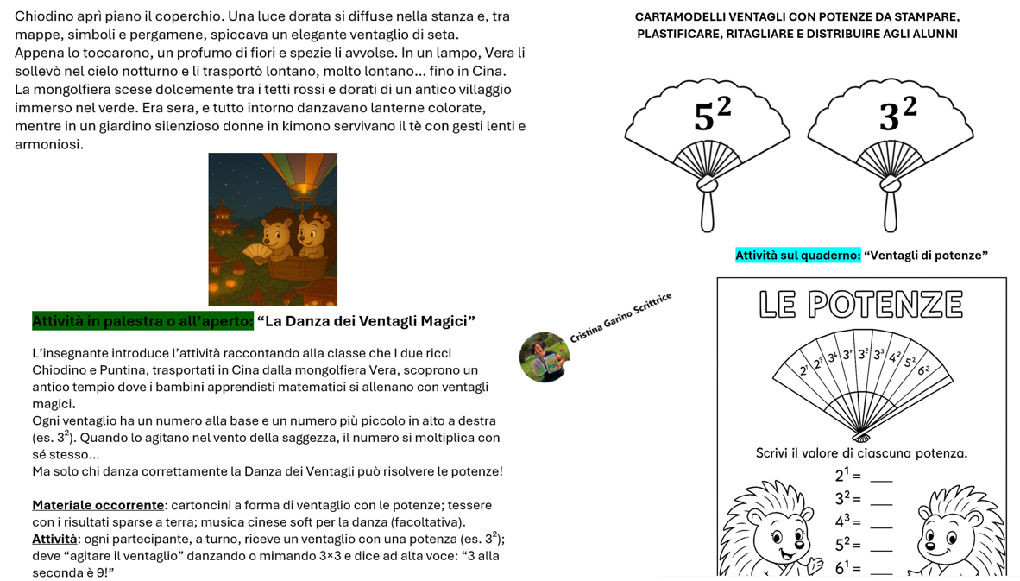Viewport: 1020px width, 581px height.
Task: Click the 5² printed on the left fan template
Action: pyautogui.click(x=712, y=115)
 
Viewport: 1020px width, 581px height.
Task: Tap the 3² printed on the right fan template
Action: pyautogui.click(x=897, y=115)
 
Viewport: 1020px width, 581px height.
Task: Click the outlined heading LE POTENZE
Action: pyautogui.click(x=861, y=305)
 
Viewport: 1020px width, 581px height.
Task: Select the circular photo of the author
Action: pyautogui.click(x=545, y=357)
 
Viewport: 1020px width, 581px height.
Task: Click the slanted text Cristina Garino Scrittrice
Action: pyautogui.click(x=620, y=318)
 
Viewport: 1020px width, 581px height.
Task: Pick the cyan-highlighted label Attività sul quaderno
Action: pyautogui.click(x=798, y=255)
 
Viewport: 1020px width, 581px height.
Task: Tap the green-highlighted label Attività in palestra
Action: pyautogui.click(x=142, y=321)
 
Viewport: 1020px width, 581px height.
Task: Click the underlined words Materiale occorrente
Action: pyautogui.click(x=98, y=506)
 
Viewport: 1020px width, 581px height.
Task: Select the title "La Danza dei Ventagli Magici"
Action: pyautogui.click(x=366, y=321)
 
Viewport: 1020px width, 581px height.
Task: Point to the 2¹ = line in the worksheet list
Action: pyautogui.click(x=864, y=475)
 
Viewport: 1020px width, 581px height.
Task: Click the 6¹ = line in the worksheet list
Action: pyautogui.click(x=864, y=567)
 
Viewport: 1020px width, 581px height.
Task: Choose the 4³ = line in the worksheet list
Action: pyautogui.click(x=864, y=521)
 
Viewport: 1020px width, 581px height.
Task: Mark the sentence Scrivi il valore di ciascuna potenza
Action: pyautogui.click(x=861, y=453)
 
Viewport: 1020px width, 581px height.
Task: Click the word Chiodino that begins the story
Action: pyautogui.click(x=41, y=16)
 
